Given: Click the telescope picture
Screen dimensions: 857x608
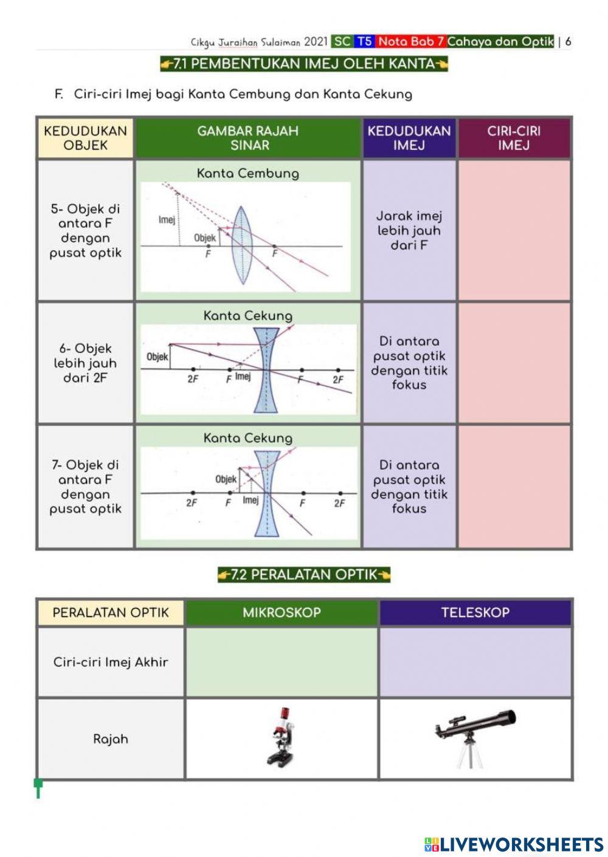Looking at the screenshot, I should [x=474, y=736].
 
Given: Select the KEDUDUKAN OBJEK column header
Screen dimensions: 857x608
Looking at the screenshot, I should [x=85, y=138].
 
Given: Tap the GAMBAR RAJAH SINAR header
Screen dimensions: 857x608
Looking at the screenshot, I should [x=248, y=138].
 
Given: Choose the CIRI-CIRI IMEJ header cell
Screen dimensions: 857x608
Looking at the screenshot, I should [x=514, y=138].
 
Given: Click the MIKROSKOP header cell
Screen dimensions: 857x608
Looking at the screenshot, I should [x=282, y=612].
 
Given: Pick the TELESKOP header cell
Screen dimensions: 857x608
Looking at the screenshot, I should [x=475, y=612].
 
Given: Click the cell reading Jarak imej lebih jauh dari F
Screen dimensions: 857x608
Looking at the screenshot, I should [x=409, y=231].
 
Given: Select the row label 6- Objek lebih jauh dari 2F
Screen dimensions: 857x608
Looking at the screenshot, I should [x=85, y=363].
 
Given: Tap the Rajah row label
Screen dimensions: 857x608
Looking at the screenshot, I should [x=111, y=739].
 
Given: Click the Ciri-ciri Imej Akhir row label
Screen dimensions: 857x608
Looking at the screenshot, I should [x=111, y=662].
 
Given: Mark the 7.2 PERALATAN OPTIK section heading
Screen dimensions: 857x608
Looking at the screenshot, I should [x=304, y=575].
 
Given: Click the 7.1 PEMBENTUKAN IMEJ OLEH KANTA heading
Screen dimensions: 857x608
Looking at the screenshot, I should [x=304, y=64].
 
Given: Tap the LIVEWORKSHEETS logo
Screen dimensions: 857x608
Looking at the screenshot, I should [x=514, y=844].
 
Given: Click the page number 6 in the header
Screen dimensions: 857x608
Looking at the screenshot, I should [x=568, y=42].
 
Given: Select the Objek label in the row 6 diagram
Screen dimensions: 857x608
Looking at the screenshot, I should [x=157, y=357].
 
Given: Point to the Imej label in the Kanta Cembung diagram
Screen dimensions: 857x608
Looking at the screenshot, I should [x=167, y=219].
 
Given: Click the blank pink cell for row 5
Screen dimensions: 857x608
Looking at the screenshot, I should [x=514, y=231].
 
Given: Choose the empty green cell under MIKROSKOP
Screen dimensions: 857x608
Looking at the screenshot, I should [x=282, y=662].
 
